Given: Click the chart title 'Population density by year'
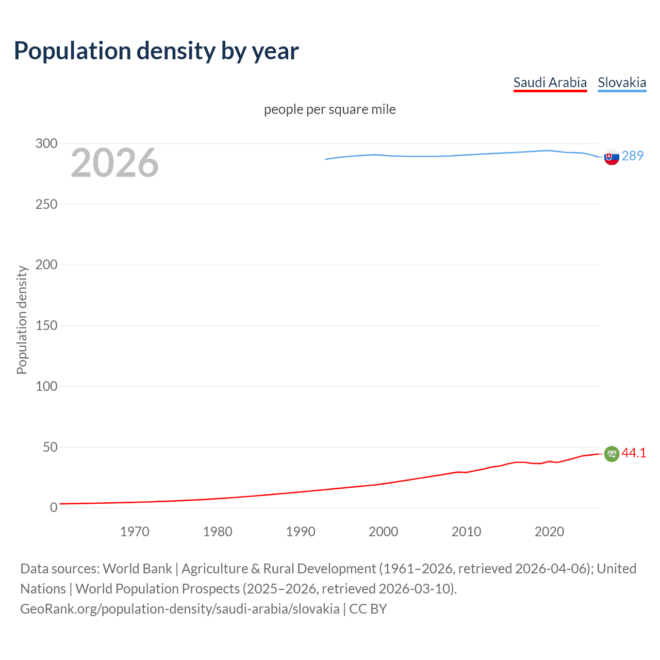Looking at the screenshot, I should pyautogui.click(x=156, y=51).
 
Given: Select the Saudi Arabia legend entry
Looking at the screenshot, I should pyautogui.click(x=550, y=82).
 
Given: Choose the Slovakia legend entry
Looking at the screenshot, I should pyautogui.click(x=622, y=82).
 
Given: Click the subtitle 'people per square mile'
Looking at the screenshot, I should pyautogui.click(x=329, y=110).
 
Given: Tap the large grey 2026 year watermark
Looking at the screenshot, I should pyautogui.click(x=114, y=163).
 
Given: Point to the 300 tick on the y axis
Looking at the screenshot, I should pyautogui.click(x=46, y=144).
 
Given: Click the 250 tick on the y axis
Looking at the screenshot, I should pyautogui.click(x=46, y=205).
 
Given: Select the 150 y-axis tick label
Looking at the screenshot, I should pyautogui.click(x=46, y=326).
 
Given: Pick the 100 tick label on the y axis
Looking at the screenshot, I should pyautogui.click(x=46, y=387).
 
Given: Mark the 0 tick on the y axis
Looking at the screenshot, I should pyautogui.click(x=54, y=508).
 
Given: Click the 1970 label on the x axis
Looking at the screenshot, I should pyautogui.click(x=135, y=532).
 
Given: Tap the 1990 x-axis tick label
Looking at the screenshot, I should pyautogui.click(x=301, y=532).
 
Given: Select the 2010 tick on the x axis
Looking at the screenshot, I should pyautogui.click(x=466, y=532).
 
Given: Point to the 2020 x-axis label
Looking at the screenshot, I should pyautogui.click(x=549, y=532).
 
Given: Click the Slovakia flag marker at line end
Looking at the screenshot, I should pyautogui.click(x=612, y=157).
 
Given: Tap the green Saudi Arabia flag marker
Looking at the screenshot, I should pyautogui.click(x=612, y=454).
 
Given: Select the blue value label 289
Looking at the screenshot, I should pyautogui.click(x=633, y=156).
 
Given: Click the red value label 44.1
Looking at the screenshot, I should pyautogui.click(x=634, y=453).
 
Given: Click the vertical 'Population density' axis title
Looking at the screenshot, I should pyautogui.click(x=22, y=320).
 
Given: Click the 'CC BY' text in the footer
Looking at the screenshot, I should pyautogui.click(x=368, y=609).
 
